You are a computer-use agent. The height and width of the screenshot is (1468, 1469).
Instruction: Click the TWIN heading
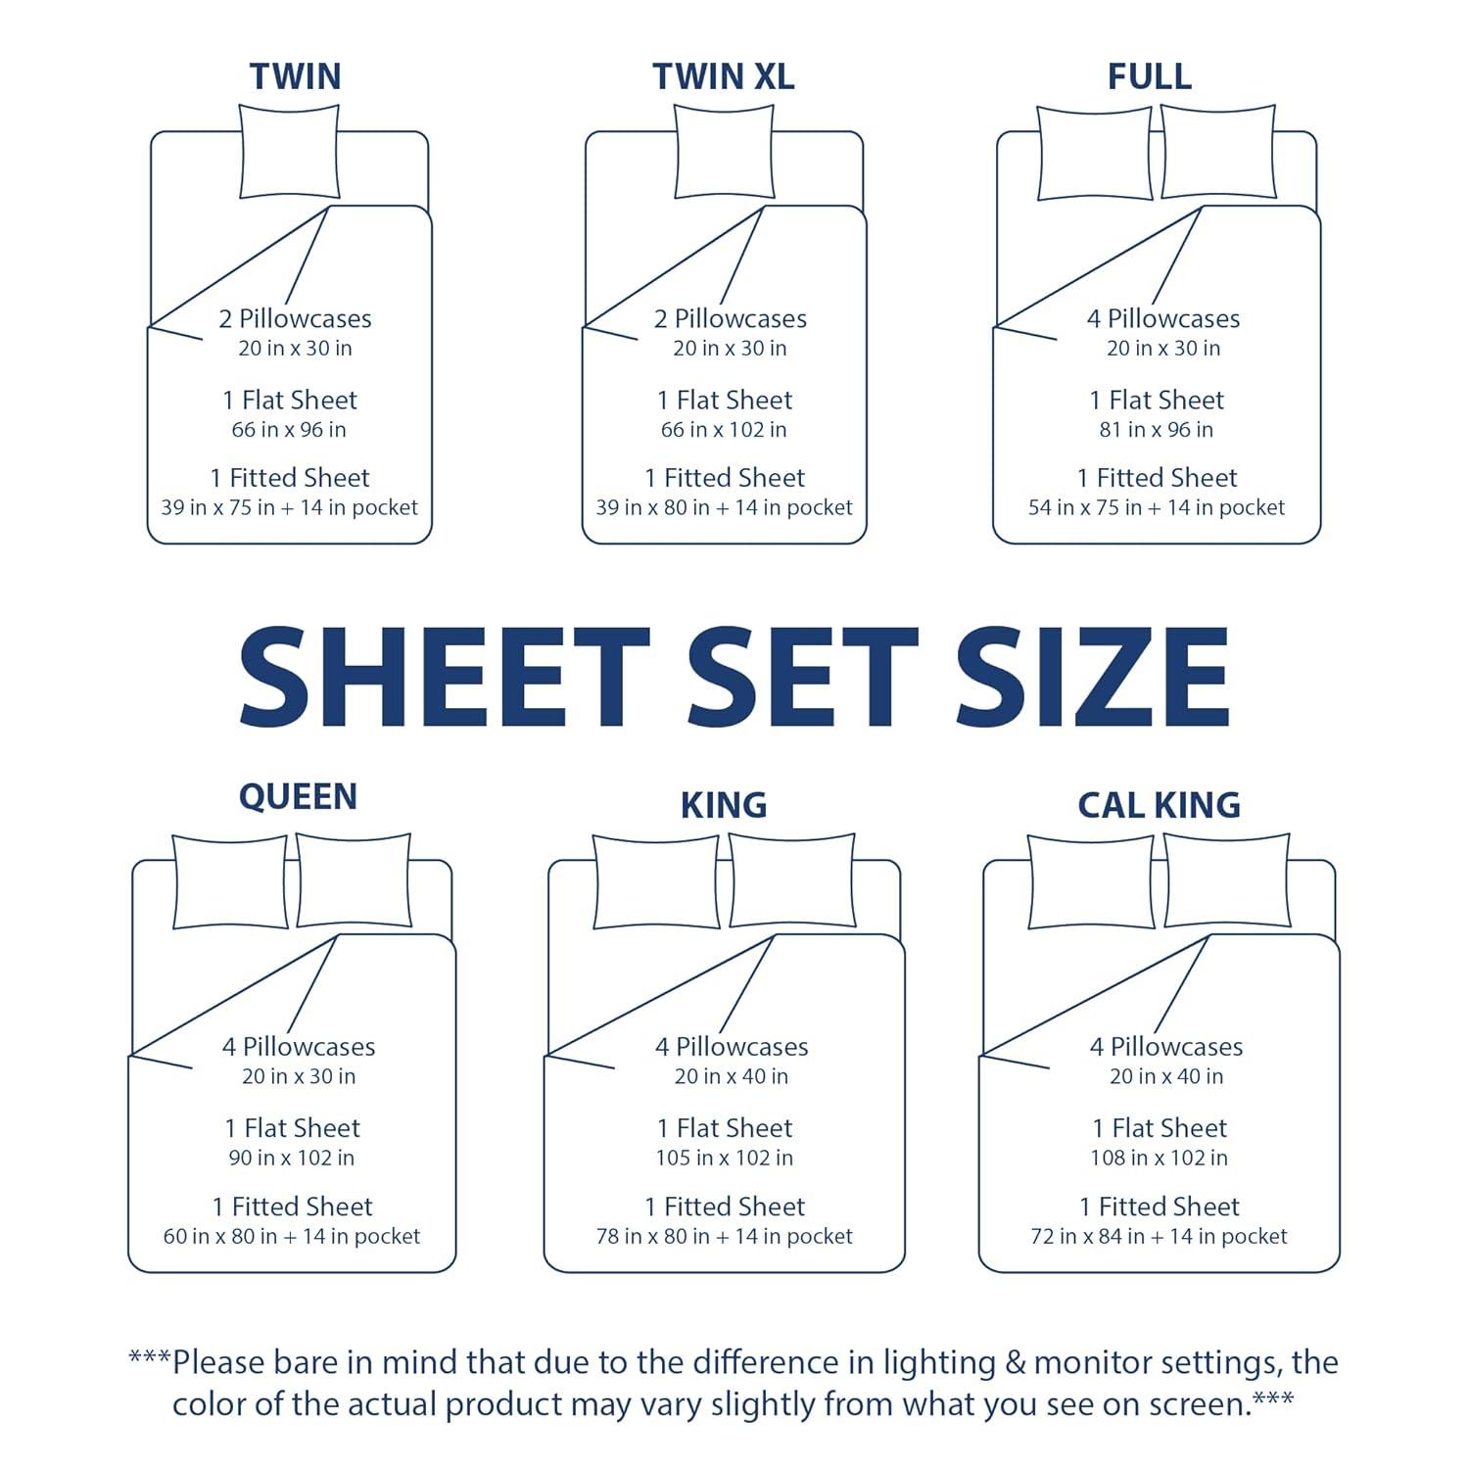295,76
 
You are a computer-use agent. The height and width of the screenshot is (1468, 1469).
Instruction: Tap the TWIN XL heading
724,76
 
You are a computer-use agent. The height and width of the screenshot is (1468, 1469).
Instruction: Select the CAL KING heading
1159,805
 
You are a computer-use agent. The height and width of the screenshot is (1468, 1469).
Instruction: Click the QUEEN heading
298,796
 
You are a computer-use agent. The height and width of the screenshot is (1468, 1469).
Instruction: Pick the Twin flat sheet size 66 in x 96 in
289,430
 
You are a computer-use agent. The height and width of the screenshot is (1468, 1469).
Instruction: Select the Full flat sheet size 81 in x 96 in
1156,430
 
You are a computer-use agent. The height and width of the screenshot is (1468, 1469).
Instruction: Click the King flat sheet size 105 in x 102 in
724,1158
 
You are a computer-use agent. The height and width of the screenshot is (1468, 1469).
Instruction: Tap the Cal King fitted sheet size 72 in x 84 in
1159,1237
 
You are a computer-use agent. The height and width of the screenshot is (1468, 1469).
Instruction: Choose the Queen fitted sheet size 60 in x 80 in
291,1237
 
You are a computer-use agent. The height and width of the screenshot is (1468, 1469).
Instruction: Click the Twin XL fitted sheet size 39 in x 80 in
724,508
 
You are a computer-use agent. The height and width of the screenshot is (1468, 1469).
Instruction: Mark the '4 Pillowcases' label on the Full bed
1162,319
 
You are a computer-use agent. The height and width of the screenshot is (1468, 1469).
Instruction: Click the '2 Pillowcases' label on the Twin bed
295,319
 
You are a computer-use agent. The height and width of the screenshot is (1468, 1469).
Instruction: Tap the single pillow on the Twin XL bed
724,152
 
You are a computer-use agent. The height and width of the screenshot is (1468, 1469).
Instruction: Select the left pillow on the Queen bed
230,881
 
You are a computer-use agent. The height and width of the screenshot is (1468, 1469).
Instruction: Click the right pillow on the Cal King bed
1226,881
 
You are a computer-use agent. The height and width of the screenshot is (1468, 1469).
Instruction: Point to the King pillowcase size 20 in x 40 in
731,1077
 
